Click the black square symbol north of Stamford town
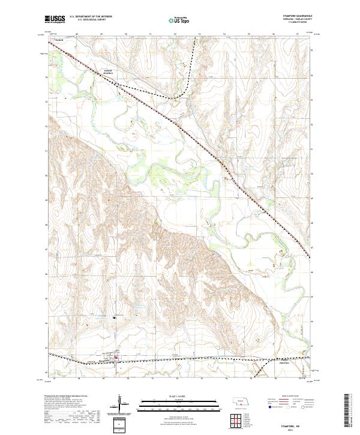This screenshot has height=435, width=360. coord(115,317)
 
